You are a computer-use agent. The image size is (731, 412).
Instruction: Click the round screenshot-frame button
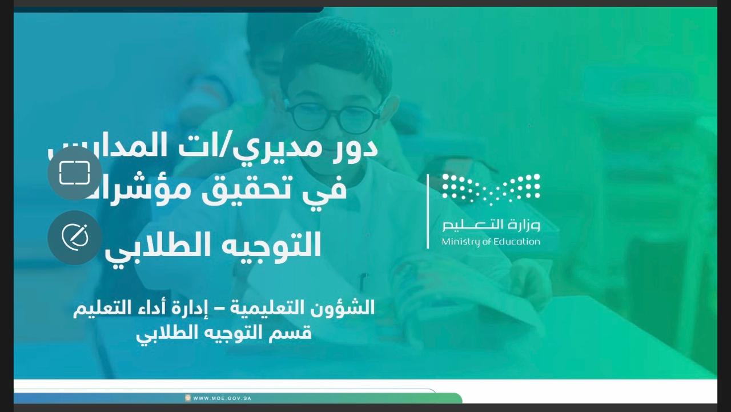tap(75, 173)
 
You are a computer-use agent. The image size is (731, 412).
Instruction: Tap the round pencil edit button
tap(75, 237)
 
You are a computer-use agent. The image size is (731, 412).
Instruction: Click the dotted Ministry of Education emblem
tap(491, 189)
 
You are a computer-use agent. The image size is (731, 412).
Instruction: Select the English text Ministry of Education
tap(491, 242)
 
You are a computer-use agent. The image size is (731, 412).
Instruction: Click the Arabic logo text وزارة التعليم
tap(491, 225)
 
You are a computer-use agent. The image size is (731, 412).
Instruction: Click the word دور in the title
tap(357, 147)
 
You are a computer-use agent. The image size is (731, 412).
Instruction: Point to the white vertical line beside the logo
tap(428, 211)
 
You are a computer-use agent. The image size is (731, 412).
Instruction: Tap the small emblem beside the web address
tap(187, 398)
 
